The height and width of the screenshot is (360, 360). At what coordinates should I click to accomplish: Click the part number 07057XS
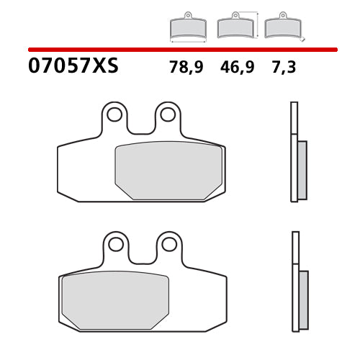(x=73, y=67)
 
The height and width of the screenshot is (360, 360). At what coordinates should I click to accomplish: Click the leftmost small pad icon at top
(x=187, y=27)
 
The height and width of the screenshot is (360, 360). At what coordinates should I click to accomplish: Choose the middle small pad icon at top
(x=235, y=27)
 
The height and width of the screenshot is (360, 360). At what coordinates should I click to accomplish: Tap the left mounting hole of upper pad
(x=114, y=114)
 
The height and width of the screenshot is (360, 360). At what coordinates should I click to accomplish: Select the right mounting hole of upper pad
(x=168, y=114)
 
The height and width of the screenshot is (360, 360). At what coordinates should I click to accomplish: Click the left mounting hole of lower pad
(x=116, y=244)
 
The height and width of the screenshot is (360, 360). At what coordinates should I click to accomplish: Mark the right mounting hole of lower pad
(x=170, y=244)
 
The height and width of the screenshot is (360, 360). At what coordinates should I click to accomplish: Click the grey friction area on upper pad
(x=168, y=170)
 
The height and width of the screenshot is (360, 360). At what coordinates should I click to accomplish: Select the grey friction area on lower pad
(x=115, y=300)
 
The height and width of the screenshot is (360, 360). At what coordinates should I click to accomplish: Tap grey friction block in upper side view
(x=302, y=170)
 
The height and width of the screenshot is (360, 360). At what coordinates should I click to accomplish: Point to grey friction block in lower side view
(x=303, y=300)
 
